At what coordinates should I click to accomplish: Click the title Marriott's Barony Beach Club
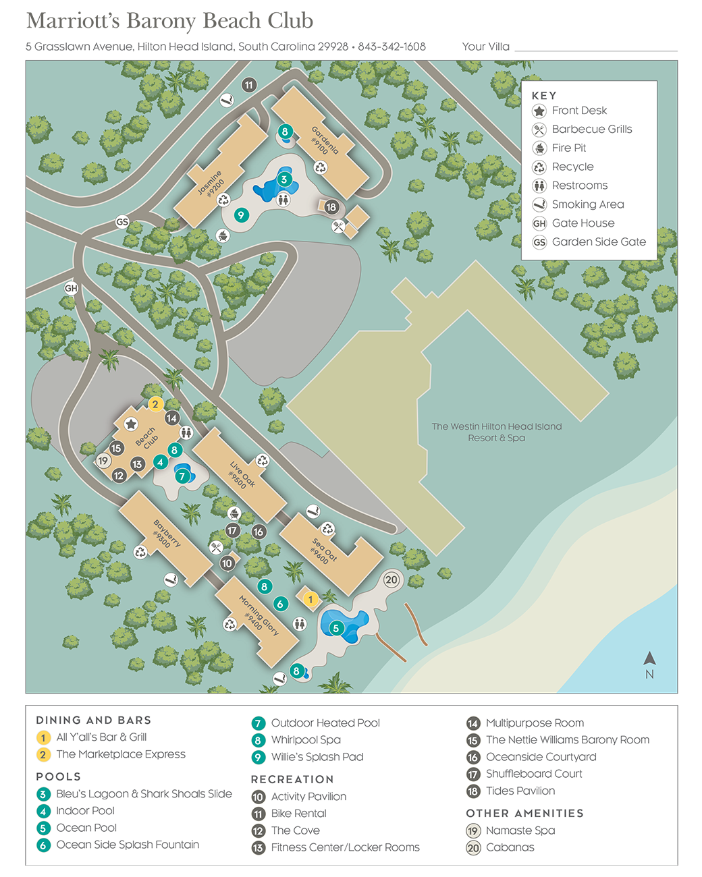point(169,21)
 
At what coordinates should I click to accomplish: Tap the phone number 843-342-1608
point(391,47)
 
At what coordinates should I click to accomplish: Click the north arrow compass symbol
point(649,660)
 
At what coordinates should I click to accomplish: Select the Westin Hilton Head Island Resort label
point(496,432)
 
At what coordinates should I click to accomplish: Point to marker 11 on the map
point(249,85)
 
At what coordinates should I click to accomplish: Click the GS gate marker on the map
point(122,222)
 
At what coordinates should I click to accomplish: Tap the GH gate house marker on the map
point(71,288)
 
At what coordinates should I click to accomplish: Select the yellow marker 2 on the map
point(155,404)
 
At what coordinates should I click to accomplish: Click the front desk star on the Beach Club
point(131,424)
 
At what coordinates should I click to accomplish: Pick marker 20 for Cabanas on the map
point(391,579)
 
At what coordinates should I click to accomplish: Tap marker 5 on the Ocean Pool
point(335,628)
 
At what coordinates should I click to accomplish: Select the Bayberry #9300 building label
point(165,534)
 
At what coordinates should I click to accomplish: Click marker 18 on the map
point(331,207)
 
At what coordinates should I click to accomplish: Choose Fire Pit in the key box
point(568,148)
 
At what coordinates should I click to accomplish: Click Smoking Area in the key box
point(587,204)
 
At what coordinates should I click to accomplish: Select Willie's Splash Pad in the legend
point(317,757)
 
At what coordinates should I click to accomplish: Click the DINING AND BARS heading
point(93,720)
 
